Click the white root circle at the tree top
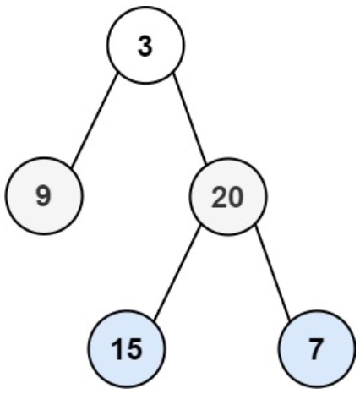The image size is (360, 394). pos(145,45)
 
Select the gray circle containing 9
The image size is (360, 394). pos(44,195)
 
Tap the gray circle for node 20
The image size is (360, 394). pos(227,196)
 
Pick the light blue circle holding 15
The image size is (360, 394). pos(126,348)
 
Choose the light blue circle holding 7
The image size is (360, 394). pos(316,348)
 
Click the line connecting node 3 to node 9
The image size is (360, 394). pos(94,120)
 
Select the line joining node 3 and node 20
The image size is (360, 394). pos(189,118)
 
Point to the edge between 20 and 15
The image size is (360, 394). pos(177,273)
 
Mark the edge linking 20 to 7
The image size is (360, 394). pos(272,273)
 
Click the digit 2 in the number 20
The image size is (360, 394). pos(219,198)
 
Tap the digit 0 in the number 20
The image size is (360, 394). pos(235,198)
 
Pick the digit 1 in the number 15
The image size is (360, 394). pos(118,349)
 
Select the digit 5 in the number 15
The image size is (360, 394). pos(134,349)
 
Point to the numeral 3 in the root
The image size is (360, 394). pos(145,47)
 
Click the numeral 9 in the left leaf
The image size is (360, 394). pos(44,196)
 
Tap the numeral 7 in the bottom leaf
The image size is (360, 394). pos(316,349)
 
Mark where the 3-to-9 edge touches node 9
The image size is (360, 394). pos(72,168)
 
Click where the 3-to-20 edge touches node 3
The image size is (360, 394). pos(172,73)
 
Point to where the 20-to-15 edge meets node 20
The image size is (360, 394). pos(200,227)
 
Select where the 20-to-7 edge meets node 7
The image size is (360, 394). pos(290,321)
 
